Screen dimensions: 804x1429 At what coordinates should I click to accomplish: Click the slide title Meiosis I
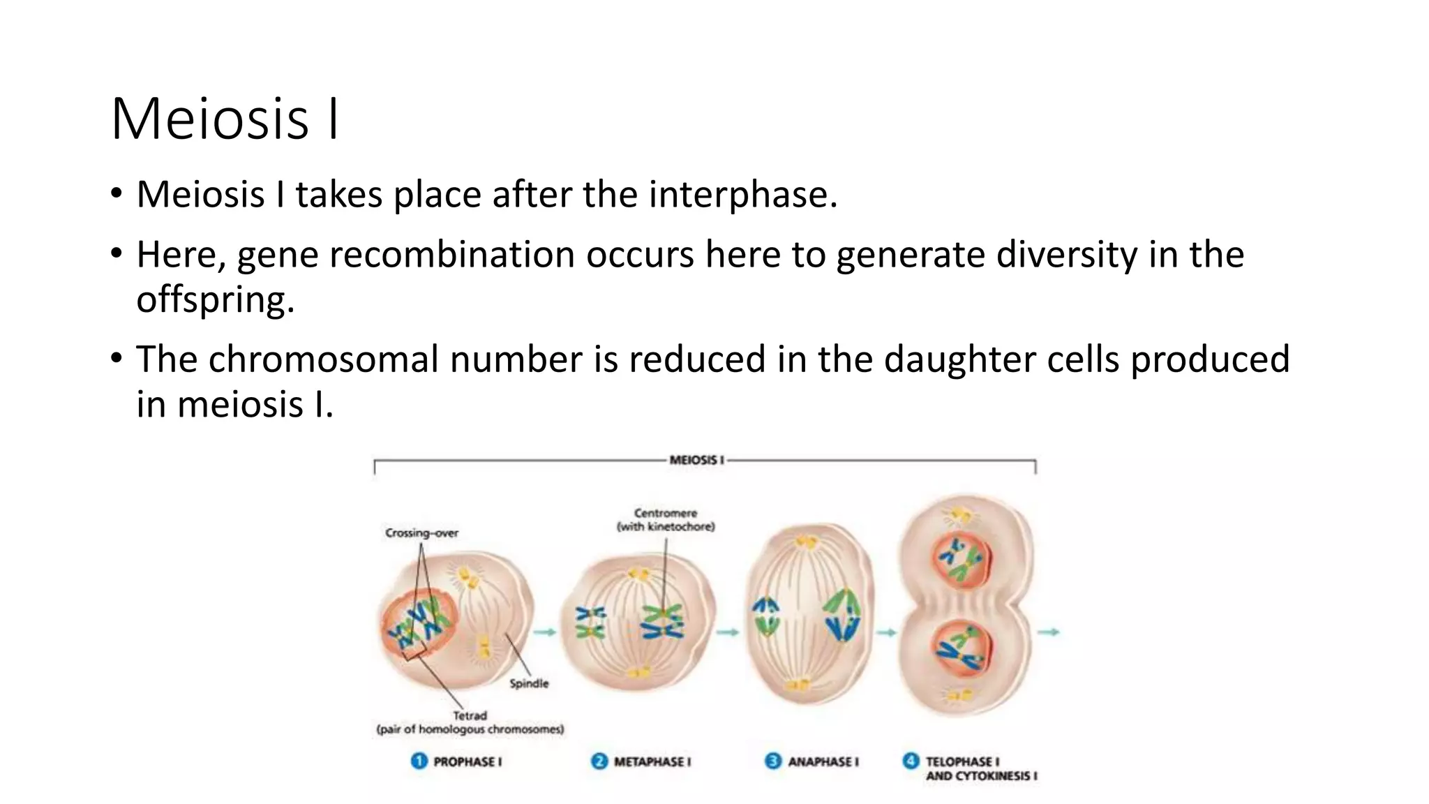pos(225,119)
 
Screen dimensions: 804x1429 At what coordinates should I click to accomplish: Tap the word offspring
pos(214,300)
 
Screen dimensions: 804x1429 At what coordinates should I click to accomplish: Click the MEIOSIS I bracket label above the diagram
pos(696,460)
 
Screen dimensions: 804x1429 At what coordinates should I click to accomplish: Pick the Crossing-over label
pos(421,533)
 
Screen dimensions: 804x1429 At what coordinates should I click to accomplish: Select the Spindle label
pos(529,683)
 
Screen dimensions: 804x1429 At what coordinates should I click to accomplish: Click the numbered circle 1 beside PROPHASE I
pos(419,761)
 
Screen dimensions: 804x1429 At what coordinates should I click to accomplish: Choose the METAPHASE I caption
pos(652,761)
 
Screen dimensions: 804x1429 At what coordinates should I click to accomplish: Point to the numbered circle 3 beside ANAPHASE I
pos(772,761)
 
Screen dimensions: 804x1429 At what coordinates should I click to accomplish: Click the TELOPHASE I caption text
pos(962,761)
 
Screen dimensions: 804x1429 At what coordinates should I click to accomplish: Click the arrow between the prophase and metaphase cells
pos(545,632)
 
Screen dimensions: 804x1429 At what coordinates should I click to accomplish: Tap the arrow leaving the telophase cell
pos(1048,632)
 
